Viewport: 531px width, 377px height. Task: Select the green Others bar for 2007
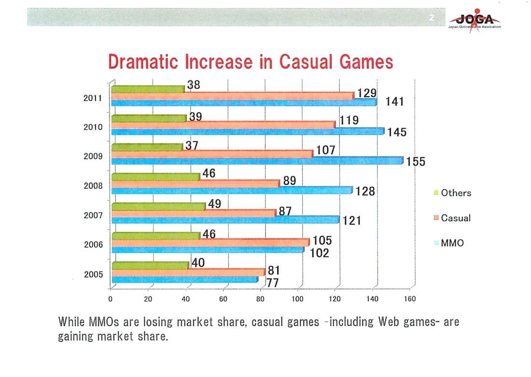158,206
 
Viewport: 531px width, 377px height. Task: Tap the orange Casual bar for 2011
232,96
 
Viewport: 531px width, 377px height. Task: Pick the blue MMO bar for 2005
184,279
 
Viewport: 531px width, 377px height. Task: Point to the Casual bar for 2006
210,243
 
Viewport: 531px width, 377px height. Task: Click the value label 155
416,162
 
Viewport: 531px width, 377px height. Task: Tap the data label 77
273,283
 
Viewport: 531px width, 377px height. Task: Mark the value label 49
214,204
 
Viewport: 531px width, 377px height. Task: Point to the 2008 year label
93,186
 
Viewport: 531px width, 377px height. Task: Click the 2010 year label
93,127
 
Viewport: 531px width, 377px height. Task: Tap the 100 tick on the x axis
297,299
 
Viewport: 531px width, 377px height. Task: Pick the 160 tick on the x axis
409,299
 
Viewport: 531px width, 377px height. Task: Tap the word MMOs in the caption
105,322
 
